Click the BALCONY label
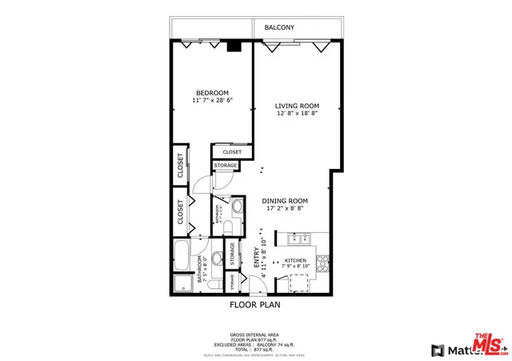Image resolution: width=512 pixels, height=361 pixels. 279,28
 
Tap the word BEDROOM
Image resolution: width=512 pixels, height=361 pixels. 210,92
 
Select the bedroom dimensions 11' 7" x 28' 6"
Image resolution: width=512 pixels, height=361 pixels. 210,101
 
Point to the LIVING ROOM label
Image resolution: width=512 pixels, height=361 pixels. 297,106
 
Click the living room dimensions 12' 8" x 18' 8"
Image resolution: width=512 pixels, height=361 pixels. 297,114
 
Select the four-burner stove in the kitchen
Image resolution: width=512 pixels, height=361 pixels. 324,261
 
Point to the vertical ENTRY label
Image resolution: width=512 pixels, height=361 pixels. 257,255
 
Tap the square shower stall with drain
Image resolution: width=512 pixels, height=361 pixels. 183,284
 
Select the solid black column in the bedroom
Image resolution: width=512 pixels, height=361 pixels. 233,46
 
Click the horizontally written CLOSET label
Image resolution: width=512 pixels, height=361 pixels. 232,151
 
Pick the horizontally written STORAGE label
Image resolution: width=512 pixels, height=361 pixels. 225,165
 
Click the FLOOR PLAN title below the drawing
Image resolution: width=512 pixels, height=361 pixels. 255,305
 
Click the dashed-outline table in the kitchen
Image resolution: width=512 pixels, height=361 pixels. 298,283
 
